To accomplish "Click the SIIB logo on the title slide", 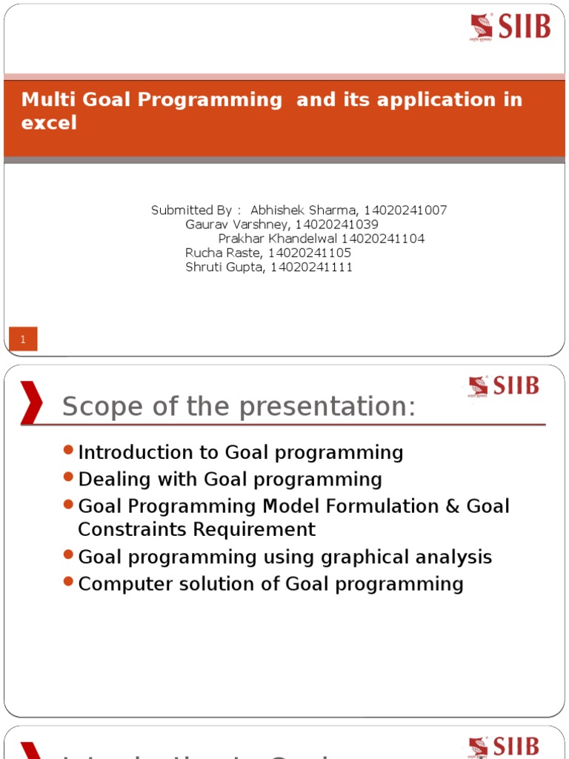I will point(510,27).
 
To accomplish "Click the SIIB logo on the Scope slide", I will point(503,386).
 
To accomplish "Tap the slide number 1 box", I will point(23,339).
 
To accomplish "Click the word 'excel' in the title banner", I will point(49,123).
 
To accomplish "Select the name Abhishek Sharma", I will point(304,211).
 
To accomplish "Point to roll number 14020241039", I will point(337,225).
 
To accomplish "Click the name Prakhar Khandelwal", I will point(278,239).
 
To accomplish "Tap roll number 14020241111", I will point(312,268).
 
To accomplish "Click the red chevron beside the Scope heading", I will point(31,402).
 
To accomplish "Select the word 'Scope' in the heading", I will point(99,407).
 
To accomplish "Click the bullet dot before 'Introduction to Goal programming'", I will point(69,451).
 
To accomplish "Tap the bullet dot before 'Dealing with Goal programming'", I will point(69,477).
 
